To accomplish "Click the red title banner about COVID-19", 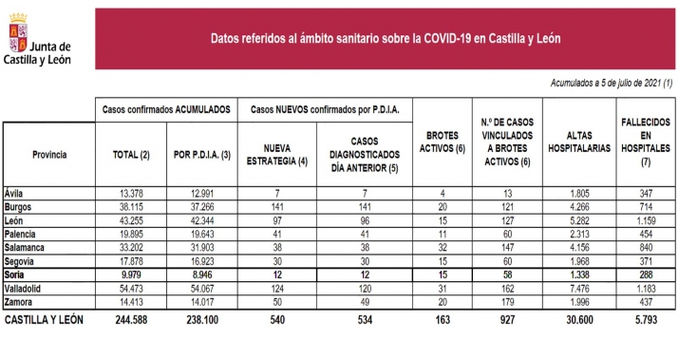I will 386,38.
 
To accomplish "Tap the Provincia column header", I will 48,153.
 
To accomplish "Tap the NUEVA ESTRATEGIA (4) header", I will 277,155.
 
